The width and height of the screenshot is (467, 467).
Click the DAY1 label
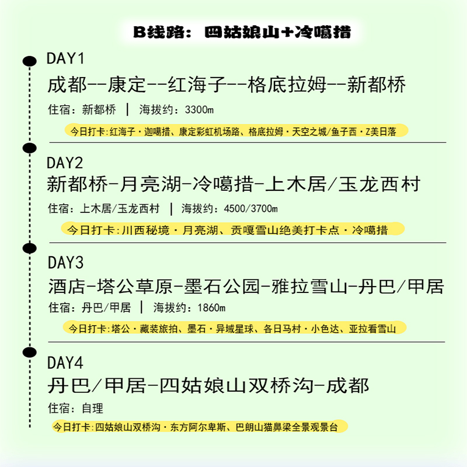click(65, 59)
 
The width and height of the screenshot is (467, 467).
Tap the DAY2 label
click(65, 162)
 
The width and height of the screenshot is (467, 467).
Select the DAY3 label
click(65, 262)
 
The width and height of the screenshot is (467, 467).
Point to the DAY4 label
click(65, 363)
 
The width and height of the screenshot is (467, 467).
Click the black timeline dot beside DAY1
click(27, 60)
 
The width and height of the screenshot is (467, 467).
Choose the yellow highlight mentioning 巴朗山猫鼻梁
click(199, 427)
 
